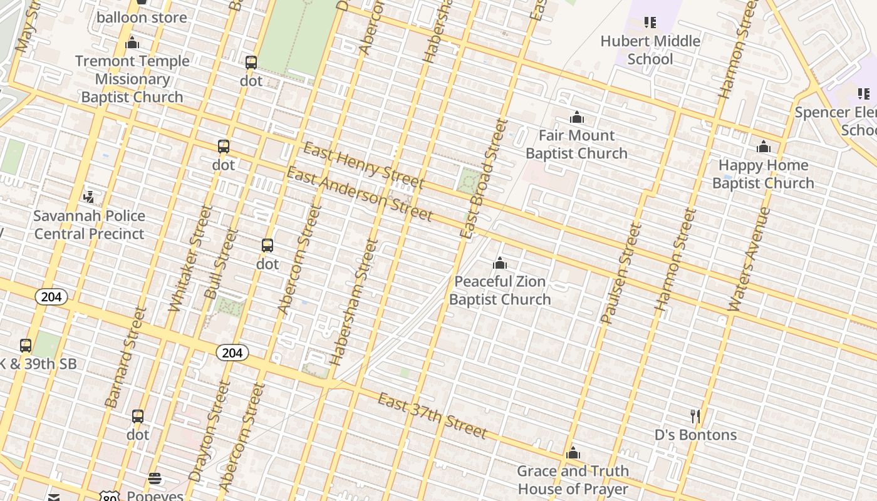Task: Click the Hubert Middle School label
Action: coord(650,50)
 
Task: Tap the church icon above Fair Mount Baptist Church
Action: coord(577,117)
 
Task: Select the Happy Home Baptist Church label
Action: coord(763,174)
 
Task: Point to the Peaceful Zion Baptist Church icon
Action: coord(500,263)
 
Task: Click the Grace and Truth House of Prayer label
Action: coord(573,480)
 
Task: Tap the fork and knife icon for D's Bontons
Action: coord(695,416)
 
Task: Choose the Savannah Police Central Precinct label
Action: coord(89,225)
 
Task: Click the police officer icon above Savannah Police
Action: coord(89,197)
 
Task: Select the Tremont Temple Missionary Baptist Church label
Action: coord(132,79)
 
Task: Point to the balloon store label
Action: coord(142,18)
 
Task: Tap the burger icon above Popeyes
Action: coord(155,479)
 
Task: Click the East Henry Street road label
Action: coord(363,166)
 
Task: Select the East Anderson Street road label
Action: coord(359,194)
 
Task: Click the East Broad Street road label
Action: coord(483,178)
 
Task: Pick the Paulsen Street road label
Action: coord(621,273)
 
